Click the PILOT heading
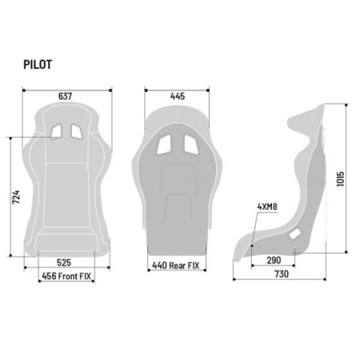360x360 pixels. [x=38, y=65]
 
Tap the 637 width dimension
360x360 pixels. [x=66, y=96]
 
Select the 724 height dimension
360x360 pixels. [x=16, y=197]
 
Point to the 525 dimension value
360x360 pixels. [x=64, y=262]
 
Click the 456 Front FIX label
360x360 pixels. [x=66, y=276]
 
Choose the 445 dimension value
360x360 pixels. [x=178, y=96]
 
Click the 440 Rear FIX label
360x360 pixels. [x=176, y=266]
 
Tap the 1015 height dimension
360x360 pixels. [x=341, y=179]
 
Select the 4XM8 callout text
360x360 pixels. [x=267, y=206]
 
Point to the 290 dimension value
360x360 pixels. [x=274, y=260]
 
